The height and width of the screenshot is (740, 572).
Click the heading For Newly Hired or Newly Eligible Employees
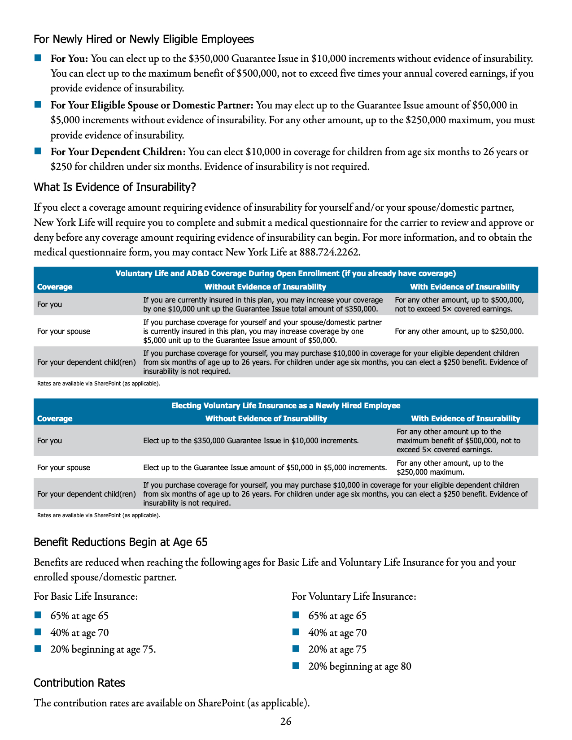click(144, 39)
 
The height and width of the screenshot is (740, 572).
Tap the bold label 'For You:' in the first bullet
click(69, 59)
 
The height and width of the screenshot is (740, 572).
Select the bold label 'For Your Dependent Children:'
click(118, 152)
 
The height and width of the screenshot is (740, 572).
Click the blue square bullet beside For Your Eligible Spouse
click(38, 104)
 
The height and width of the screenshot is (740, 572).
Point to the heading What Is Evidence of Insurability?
click(115, 187)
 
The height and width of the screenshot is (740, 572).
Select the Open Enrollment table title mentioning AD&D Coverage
click(286, 273)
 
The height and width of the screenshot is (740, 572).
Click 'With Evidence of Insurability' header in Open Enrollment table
click(464, 287)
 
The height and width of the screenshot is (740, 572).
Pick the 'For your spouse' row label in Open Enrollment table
click(64, 331)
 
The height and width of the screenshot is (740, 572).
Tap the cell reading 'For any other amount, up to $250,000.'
click(459, 331)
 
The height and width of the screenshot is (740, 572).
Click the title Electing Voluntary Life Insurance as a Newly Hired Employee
click(286, 406)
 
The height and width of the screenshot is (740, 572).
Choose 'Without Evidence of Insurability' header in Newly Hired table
click(266, 419)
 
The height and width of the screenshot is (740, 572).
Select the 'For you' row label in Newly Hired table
click(50, 441)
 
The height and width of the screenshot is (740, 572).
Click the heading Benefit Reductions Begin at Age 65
click(121, 542)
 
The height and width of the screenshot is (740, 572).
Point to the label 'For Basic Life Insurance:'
click(86, 597)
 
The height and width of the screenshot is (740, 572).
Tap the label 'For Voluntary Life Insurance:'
click(354, 597)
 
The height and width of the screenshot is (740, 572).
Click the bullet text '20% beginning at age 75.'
click(103, 649)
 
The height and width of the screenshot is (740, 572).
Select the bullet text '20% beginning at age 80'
click(360, 666)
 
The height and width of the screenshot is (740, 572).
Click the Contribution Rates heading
click(79, 683)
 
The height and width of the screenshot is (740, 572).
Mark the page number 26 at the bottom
click(286, 721)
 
